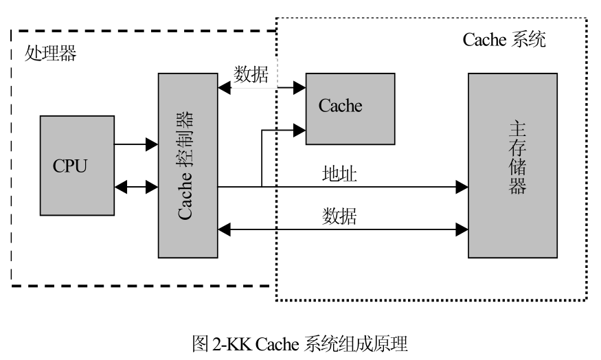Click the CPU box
[77, 165]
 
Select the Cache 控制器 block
[188, 165]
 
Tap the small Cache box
[350, 108]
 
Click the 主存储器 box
[512, 165]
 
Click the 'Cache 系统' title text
[504, 39]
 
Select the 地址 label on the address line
[339, 175]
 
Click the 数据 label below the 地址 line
[339, 216]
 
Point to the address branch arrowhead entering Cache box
[300, 128]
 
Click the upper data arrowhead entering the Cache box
[300, 87]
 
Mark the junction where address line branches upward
[262, 186]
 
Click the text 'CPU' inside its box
[70, 166]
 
